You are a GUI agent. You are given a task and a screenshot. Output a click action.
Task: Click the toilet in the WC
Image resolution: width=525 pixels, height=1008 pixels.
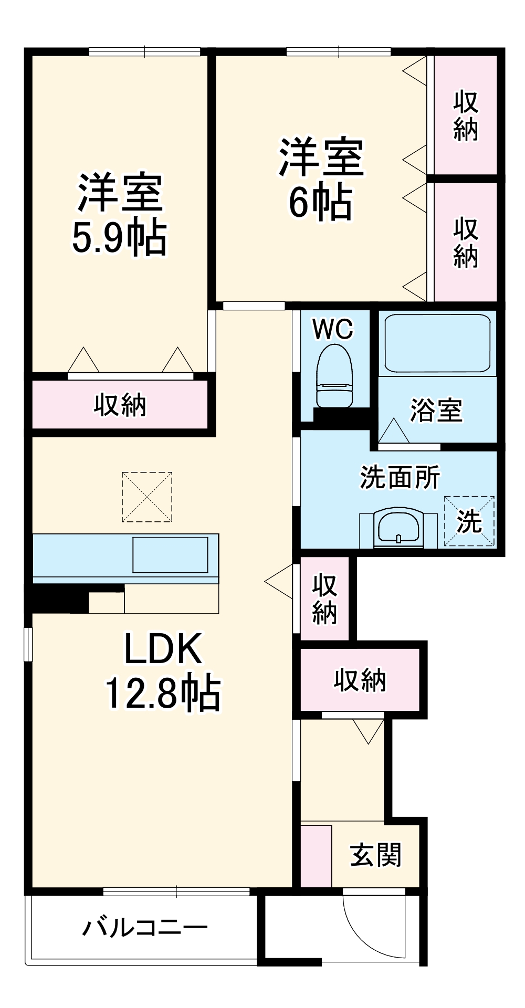(x=334, y=375)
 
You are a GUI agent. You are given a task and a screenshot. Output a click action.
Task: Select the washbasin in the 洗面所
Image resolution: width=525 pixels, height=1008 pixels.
(x=398, y=528)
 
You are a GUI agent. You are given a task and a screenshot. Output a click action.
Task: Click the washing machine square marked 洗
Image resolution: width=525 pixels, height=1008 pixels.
(x=469, y=520)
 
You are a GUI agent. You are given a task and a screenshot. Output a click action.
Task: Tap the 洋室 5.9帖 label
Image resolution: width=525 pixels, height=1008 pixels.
(x=120, y=214)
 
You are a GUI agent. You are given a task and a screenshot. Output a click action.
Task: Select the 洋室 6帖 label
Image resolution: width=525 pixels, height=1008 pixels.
(x=321, y=178)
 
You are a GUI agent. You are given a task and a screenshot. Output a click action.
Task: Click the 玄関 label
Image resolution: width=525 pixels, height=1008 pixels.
(x=375, y=855)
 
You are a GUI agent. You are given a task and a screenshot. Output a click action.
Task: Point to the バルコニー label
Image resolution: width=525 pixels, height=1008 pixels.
(x=145, y=928)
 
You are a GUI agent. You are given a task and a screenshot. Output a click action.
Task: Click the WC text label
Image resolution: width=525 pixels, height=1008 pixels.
(x=333, y=329)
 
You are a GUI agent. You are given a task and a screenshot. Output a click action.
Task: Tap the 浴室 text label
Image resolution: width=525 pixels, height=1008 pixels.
(x=436, y=410)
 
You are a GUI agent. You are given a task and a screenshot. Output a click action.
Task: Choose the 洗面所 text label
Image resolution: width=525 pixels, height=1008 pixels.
(x=400, y=477)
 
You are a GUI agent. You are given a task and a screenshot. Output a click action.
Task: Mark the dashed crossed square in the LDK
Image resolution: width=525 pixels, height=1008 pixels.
(x=147, y=497)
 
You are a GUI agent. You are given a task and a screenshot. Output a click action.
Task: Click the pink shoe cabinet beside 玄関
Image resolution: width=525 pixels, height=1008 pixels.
(x=316, y=856)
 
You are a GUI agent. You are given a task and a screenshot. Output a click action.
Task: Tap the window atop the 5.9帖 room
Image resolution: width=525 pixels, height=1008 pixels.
(x=145, y=51)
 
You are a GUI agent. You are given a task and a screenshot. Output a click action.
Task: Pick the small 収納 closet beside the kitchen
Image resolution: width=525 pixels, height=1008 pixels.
(x=324, y=598)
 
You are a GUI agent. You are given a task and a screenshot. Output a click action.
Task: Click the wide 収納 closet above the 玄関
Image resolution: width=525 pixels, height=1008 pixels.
(x=360, y=680)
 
